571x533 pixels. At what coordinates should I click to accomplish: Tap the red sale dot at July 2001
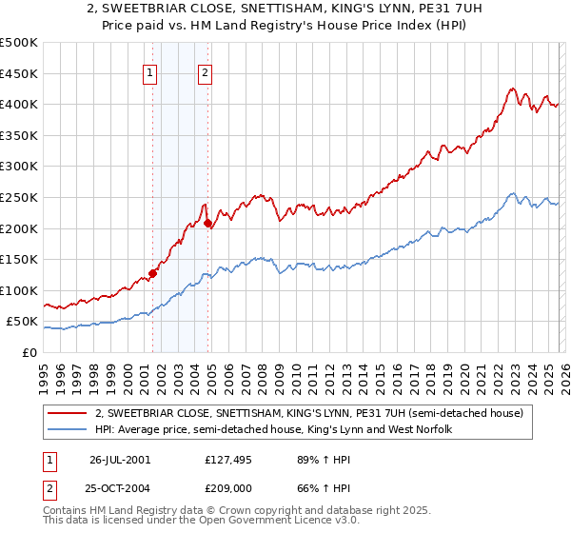[x=153, y=273]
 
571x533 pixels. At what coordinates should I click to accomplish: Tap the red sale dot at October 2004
[x=207, y=224]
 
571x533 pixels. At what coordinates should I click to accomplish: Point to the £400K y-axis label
[x=19, y=104]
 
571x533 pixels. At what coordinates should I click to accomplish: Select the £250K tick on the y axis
[x=19, y=197]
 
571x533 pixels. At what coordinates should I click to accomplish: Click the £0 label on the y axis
[x=30, y=352]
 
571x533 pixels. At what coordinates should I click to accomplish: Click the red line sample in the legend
[x=69, y=414]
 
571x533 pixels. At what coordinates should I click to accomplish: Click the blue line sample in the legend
[x=69, y=430]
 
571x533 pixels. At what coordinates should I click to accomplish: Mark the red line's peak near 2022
[x=511, y=89]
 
